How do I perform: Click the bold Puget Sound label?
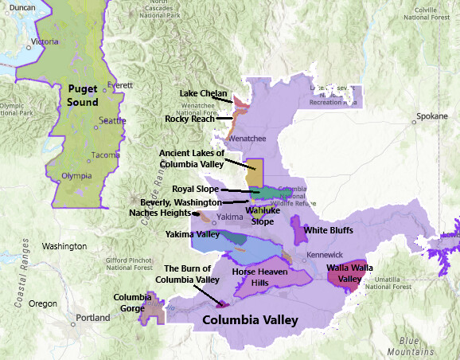83,96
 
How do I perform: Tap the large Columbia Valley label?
250,320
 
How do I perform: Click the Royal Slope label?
195,190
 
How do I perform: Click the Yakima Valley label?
192,234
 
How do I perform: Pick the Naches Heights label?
159,213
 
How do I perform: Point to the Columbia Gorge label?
132,303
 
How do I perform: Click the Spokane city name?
431,116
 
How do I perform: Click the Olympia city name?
76,176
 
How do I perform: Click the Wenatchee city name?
248,138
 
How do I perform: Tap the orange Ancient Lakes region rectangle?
255,170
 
